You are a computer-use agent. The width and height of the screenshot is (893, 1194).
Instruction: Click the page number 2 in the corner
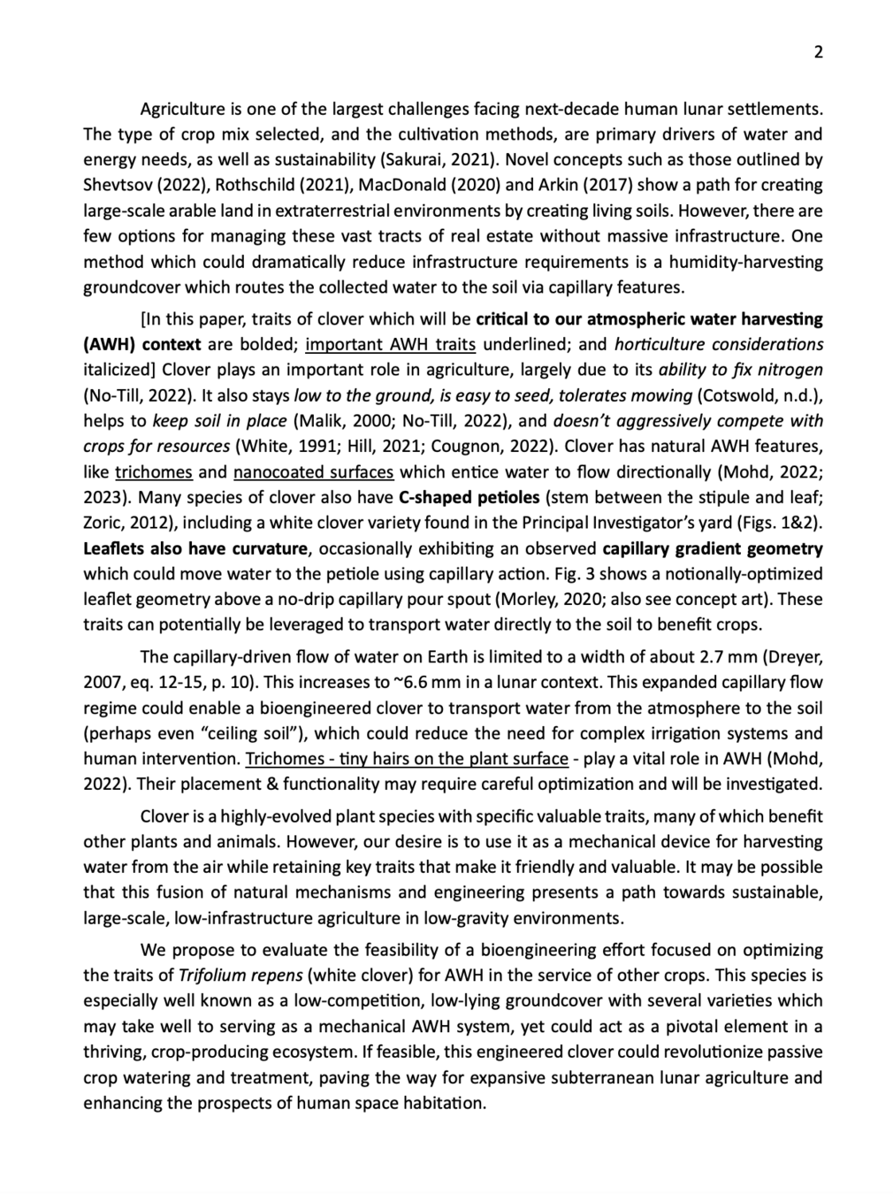(818, 53)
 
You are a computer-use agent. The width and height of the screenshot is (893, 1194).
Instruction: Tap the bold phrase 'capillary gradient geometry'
(713, 548)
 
